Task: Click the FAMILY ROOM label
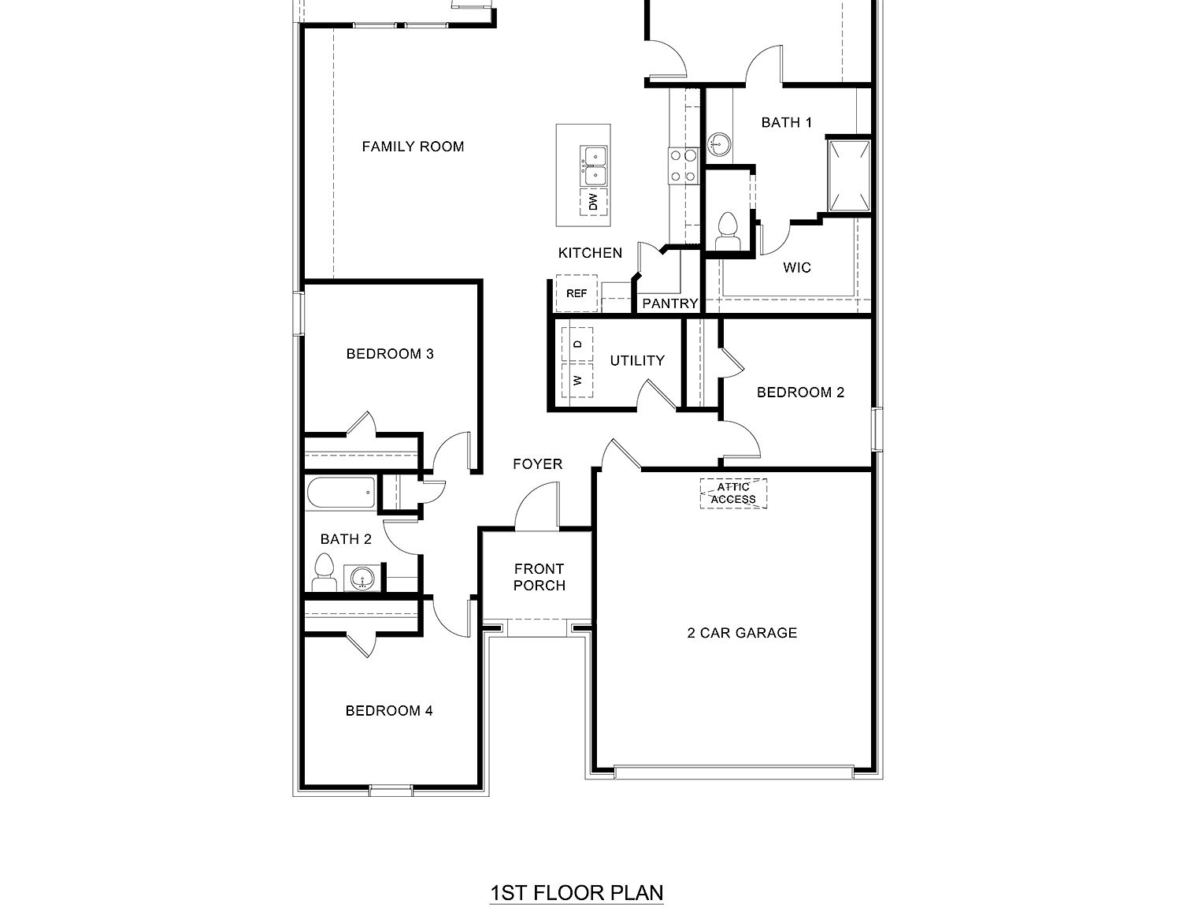pyautogui.click(x=413, y=147)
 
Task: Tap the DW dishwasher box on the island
pyautogui.click(x=594, y=203)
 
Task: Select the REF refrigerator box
pyautogui.click(x=577, y=294)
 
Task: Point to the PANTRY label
pyautogui.click(x=670, y=303)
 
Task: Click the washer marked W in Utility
pyautogui.click(x=578, y=381)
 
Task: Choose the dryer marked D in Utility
pyautogui.click(x=578, y=344)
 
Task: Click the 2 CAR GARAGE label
pyautogui.click(x=742, y=633)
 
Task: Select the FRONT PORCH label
pyautogui.click(x=539, y=577)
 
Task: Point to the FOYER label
pyautogui.click(x=538, y=464)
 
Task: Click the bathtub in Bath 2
pyautogui.click(x=340, y=493)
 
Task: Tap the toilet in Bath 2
pyautogui.click(x=324, y=572)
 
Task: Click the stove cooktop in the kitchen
pyautogui.click(x=683, y=166)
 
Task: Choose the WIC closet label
pyautogui.click(x=797, y=268)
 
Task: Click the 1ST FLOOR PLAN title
pyautogui.click(x=577, y=893)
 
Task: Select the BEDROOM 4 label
pyautogui.click(x=389, y=711)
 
